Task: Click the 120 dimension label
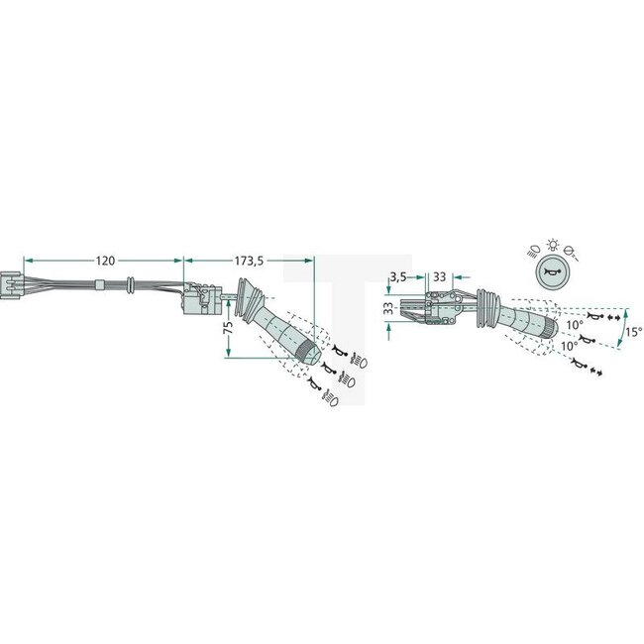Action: pyautogui.click(x=104, y=261)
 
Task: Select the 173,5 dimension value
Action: pyautogui.click(x=248, y=261)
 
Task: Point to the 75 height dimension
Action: pyautogui.click(x=226, y=324)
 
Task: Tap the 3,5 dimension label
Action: pyautogui.click(x=398, y=276)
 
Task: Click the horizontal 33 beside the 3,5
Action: pyautogui.click(x=439, y=276)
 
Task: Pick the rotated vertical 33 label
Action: pyautogui.click(x=388, y=309)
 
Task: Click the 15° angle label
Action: pyautogui.click(x=633, y=332)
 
